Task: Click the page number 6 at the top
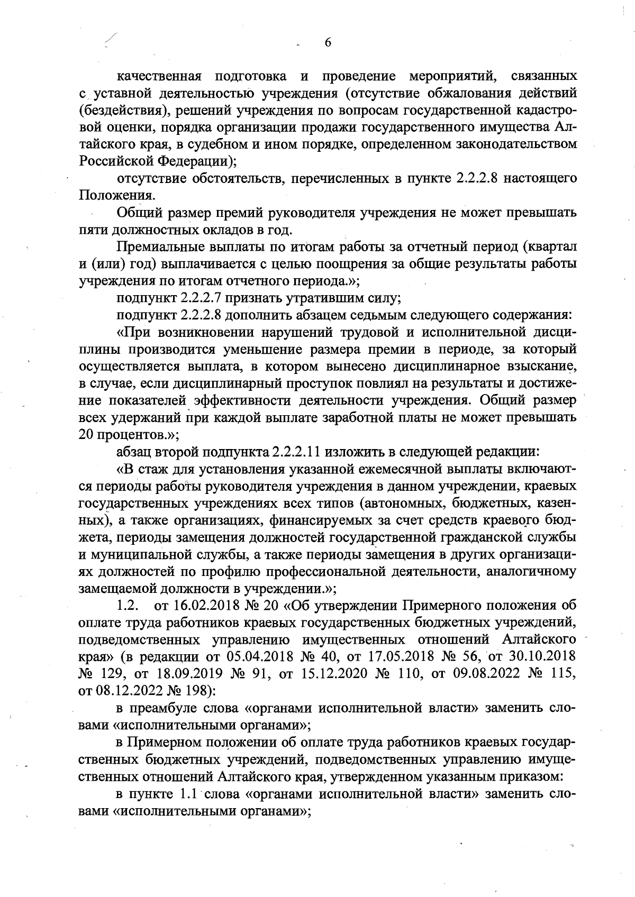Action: point(328,43)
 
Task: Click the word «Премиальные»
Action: point(161,247)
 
